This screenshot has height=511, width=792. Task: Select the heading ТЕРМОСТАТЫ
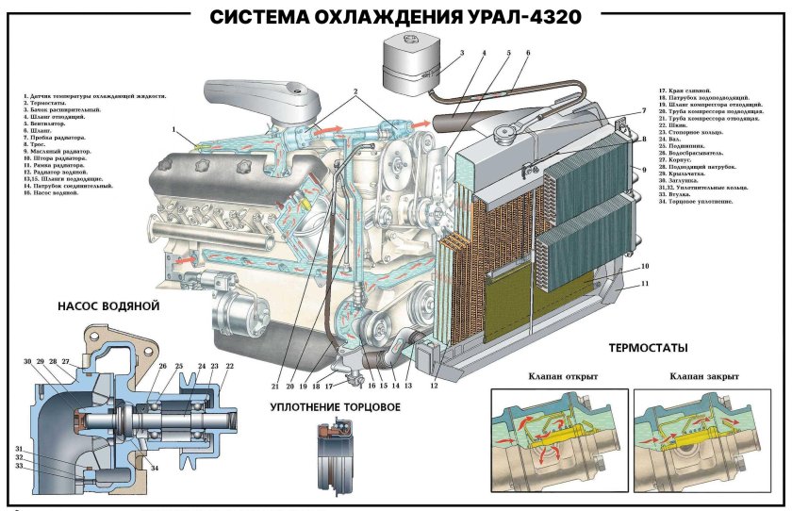tap(648, 349)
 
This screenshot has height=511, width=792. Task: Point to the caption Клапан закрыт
tap(703, 376)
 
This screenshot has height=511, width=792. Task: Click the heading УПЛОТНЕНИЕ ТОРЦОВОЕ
tap(335, 407)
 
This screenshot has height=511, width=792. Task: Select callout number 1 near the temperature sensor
tap(173, 129)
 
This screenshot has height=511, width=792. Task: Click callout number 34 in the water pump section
tap(155, 469)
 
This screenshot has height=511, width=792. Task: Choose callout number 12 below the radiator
tap(435, 386)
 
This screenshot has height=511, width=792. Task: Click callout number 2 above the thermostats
tap(355, 93)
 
